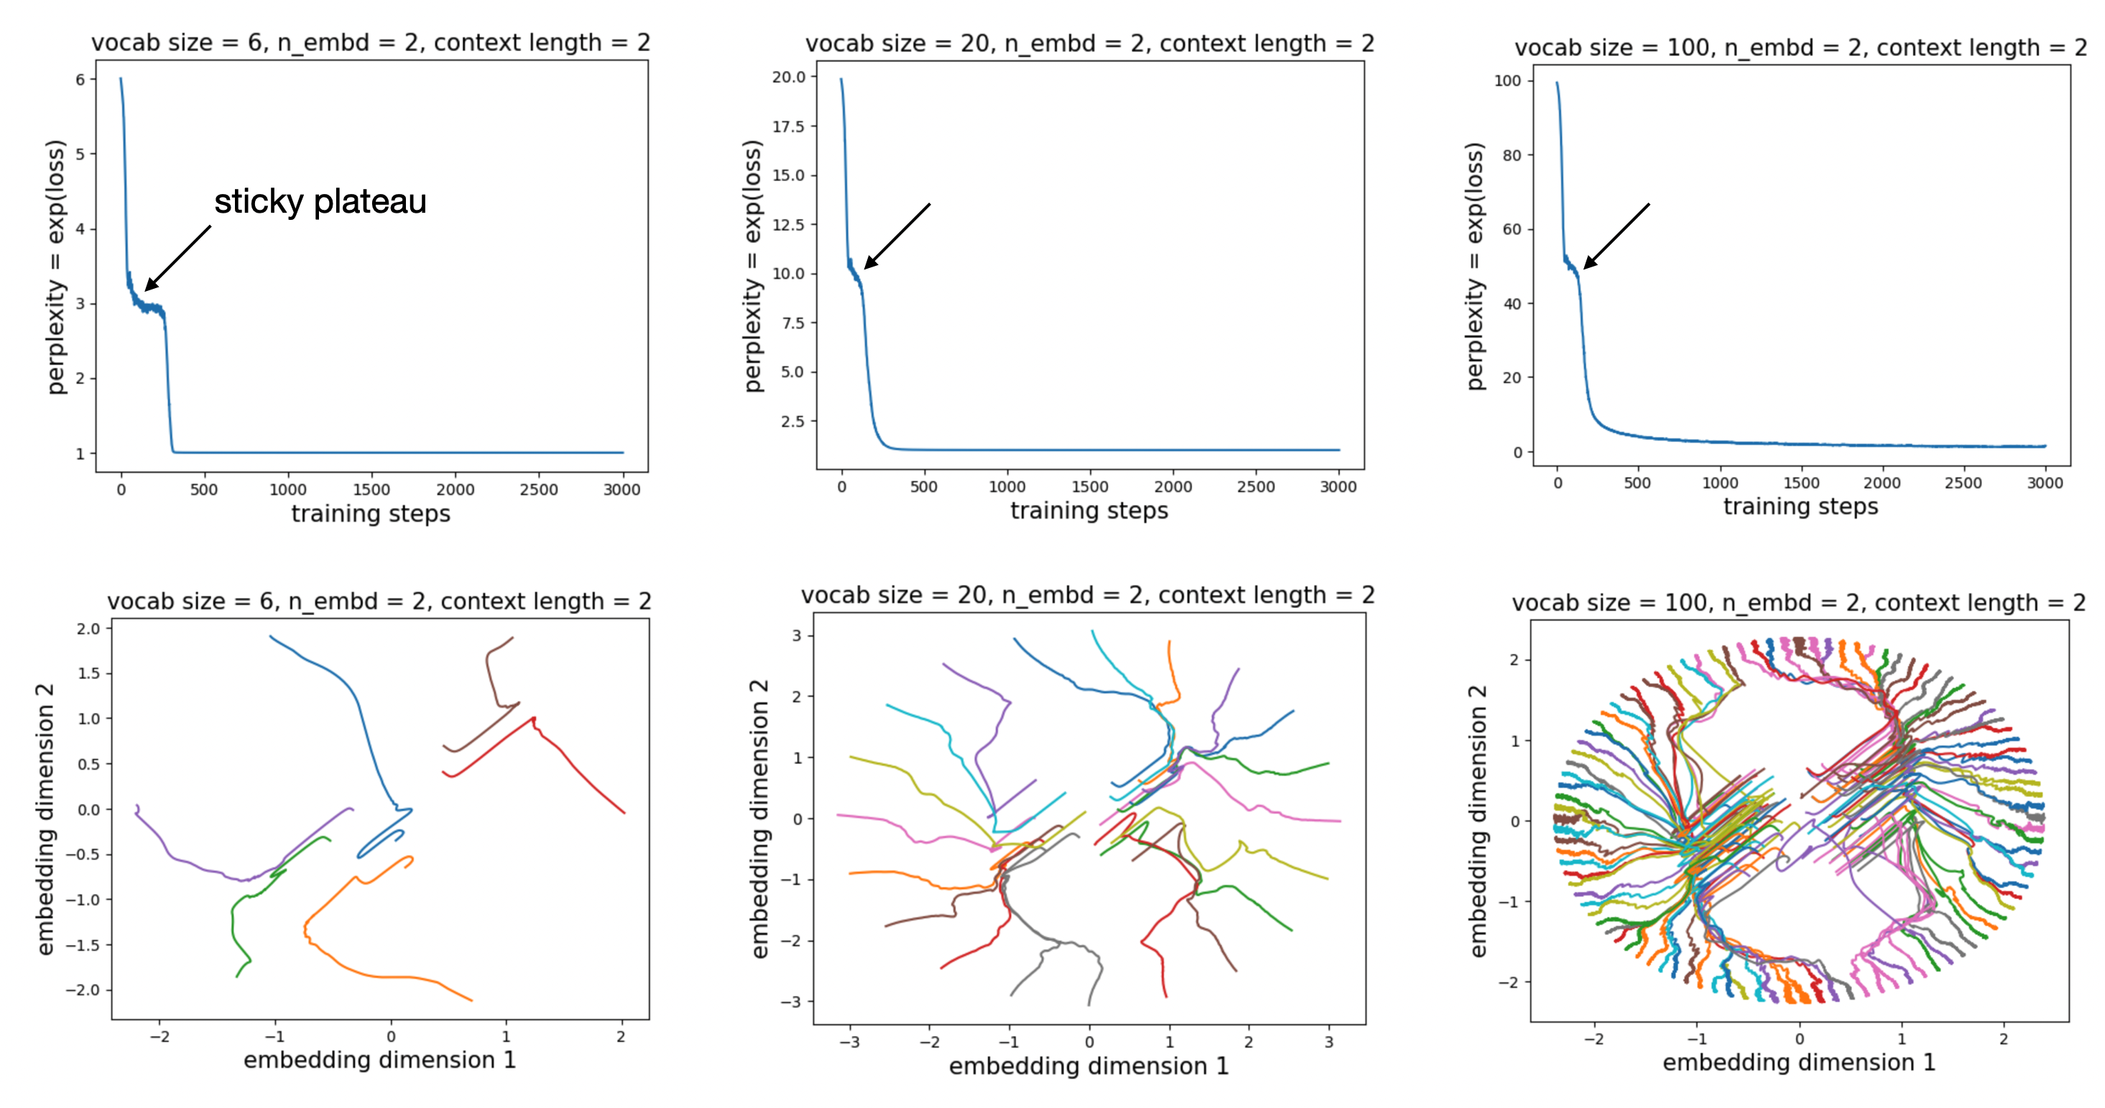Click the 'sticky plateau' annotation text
coord(320,202)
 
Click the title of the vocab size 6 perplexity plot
coord(370,42)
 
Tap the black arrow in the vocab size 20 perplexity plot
coord(897,236)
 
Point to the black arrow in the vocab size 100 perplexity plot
coord(1616,236)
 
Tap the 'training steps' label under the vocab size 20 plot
coord(1088,511)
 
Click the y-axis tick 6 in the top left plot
coord(80,80)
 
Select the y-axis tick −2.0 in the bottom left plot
coord(82,990)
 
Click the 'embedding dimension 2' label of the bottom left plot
coord(45,818)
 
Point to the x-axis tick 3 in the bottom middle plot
coord(1328,1042)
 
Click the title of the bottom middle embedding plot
coord(1087,595)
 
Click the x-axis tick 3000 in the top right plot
coord(2045,483)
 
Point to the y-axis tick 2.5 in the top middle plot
coord(792,422)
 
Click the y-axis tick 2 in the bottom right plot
coord(1514,660)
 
